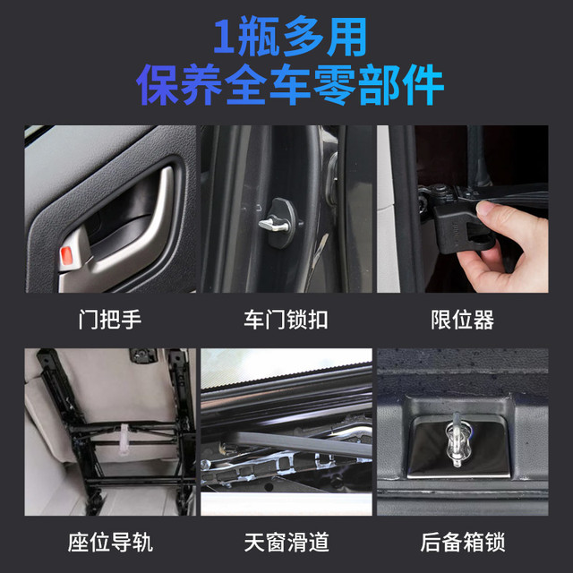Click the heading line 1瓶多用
(x=290, y=37)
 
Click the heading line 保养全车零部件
(x=290, y=84)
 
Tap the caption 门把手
(x=110, y=320)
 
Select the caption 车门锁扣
(x=286, y=320)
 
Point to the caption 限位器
(x=462, y=320)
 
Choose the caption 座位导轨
(x=110, y=542)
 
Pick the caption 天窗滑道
(x=286, y=542)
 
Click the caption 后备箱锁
(x=462, y=542)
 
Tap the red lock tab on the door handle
(x=66, y=255)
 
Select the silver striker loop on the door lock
(x=273, y=225)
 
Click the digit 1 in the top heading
(x=224, y=36)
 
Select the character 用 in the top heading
(x=347, y=37)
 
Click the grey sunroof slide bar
(x=304, y=443)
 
